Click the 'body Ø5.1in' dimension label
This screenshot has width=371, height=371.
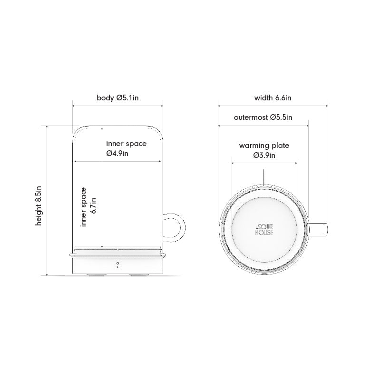click(117, 98)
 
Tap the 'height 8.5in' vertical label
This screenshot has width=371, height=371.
click(39, 205)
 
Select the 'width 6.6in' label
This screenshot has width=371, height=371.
click(273, 98)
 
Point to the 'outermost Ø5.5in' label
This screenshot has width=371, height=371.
click(263, 117)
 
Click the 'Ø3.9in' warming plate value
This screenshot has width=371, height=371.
click(264, 155)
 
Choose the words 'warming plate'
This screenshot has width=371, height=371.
click(264, 146)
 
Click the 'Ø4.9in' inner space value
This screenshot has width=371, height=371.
click(117, 153)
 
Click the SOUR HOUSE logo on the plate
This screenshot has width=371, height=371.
click(264, 228)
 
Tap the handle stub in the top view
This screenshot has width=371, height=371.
click(320, 229)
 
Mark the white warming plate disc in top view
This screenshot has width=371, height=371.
click(264, 209)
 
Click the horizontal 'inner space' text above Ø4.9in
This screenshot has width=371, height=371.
click(126, 144)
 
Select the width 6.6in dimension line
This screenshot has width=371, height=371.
click(273, 106)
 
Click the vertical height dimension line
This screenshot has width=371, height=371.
click(47, 200)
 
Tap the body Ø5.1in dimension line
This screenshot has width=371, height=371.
click(117, 106)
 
